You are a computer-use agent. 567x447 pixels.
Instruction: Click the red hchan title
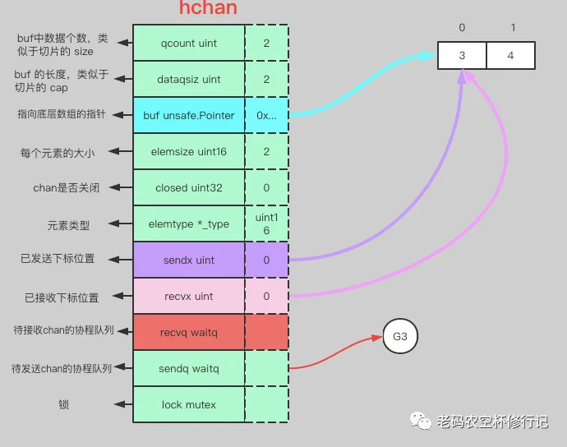click(208, 8)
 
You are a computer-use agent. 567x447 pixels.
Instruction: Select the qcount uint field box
click(189, 43)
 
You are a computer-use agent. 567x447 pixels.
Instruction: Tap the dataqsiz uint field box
click(189, 79)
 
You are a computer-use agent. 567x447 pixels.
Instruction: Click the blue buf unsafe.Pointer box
click(189, 115)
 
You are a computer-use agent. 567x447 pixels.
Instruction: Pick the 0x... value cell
click(266, 115)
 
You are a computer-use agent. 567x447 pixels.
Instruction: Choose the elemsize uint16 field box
click(189, 151)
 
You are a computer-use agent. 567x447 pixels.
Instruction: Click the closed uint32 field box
click(189, 187)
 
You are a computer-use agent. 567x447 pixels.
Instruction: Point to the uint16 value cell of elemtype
click(266, 223)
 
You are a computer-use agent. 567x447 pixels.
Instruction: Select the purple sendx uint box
click(189, 260)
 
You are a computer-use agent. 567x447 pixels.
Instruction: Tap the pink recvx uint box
click(189, 296)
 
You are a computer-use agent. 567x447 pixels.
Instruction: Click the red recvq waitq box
click(189, 332)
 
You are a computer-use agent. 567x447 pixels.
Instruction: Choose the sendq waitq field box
click(189, 368)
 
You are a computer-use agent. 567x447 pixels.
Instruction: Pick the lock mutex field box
click(189, 404)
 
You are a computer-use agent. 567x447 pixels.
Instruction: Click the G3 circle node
click(400, 336)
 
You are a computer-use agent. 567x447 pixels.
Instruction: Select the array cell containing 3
click(462, 55)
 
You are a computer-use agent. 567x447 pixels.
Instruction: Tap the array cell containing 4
click(510, 55)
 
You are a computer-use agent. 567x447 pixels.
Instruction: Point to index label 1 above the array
click(513, 27)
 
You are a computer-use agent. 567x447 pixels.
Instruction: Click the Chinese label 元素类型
click(68, 225)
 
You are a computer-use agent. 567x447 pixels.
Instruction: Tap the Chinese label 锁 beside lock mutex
click(63, 404)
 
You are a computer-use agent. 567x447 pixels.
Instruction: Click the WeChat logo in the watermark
click(420, 421)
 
